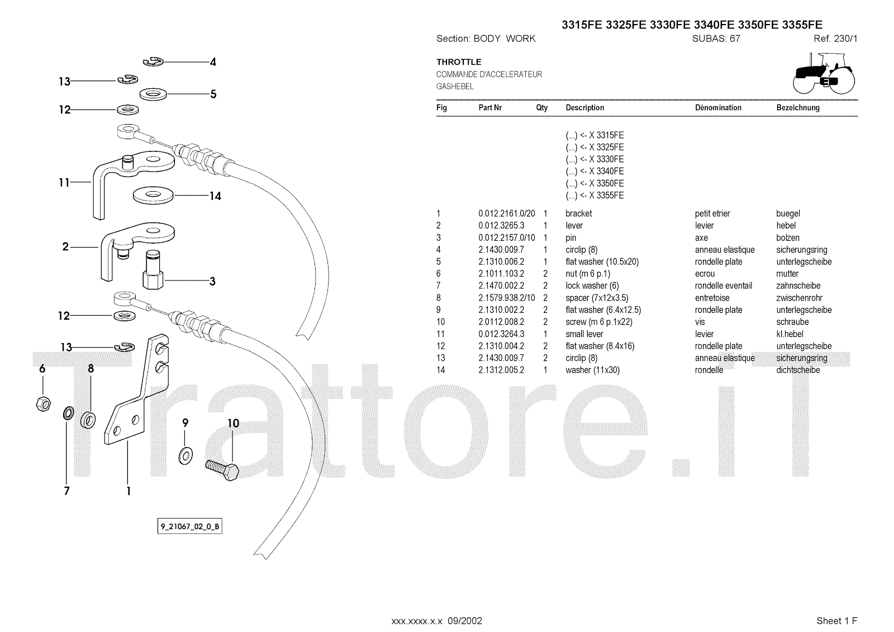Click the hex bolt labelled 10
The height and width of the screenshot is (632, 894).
coord(222,468)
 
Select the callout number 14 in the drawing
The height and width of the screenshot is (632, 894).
coord(215,196)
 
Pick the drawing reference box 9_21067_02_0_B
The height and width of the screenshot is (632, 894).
coord(189,526)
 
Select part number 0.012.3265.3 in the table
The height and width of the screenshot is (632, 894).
coord(501,226)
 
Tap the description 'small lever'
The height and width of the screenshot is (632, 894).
coord(584,334)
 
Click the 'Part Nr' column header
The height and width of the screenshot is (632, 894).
coord(490,108)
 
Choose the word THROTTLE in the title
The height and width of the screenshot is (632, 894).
coord(459,62)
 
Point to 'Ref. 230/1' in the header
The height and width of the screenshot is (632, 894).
coord(835,39)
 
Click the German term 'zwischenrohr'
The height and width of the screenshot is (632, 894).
coord(799,298)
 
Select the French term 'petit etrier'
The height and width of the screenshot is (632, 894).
coord(712,213)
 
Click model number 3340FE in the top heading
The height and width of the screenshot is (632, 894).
coord(714,25)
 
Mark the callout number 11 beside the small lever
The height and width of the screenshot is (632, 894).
coord(64,183)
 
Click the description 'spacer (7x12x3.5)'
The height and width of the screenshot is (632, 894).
coord(597,298)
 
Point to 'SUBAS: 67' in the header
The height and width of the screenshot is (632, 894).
coord(716,39)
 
